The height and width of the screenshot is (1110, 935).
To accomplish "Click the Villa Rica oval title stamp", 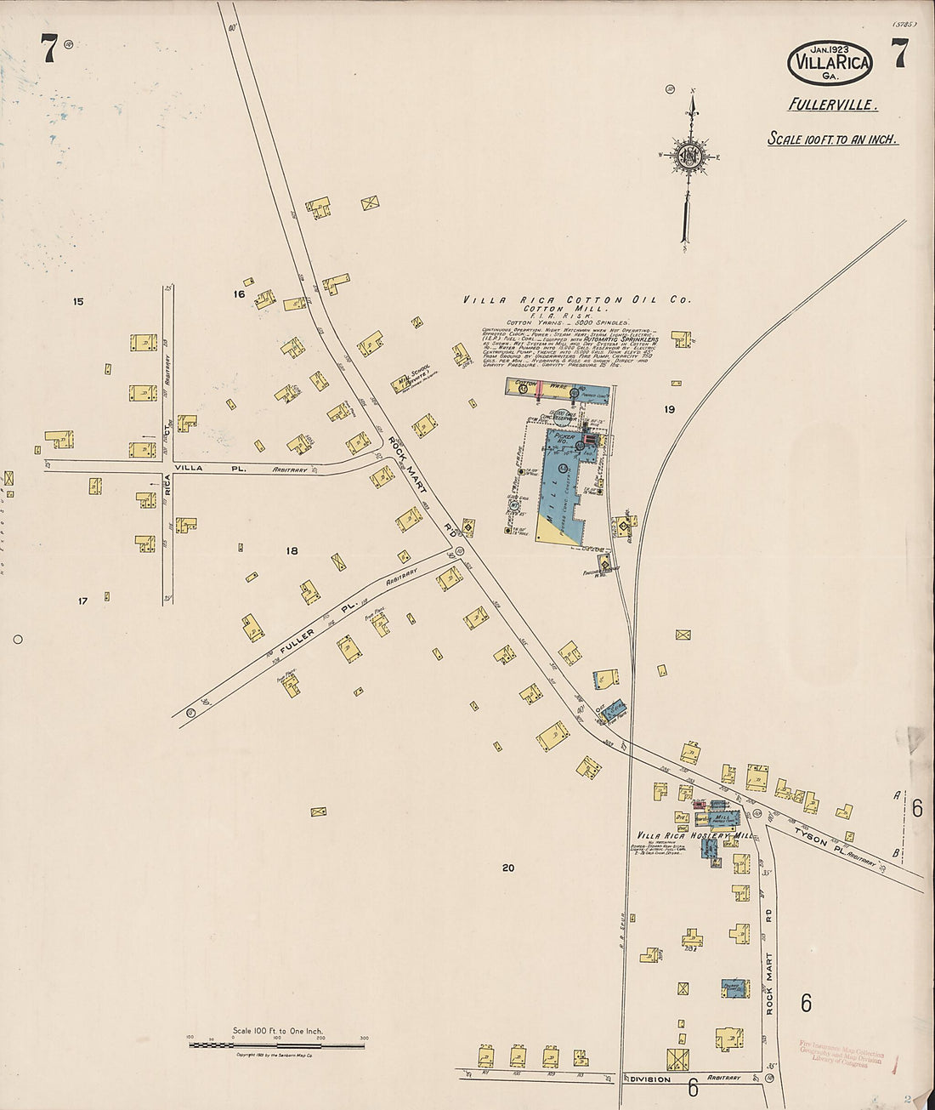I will pos(829,62).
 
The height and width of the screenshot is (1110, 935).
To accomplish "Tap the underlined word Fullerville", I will pos(831,105).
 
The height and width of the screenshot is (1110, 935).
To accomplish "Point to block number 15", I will pos(78,301).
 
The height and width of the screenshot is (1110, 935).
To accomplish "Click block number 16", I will pos(239,294).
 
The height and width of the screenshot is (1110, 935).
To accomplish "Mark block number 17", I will pos(82,601).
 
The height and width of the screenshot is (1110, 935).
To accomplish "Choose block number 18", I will pos(292,551).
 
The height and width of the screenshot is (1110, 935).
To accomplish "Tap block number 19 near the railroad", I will pos(670,409).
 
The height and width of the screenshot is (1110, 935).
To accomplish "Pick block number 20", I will pos(508,868).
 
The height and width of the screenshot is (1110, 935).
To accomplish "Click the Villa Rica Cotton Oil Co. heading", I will pos(577,299).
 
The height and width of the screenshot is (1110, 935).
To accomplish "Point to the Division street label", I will pos(649,1079).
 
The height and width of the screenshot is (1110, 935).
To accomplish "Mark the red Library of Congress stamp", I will pos(841,1052).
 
